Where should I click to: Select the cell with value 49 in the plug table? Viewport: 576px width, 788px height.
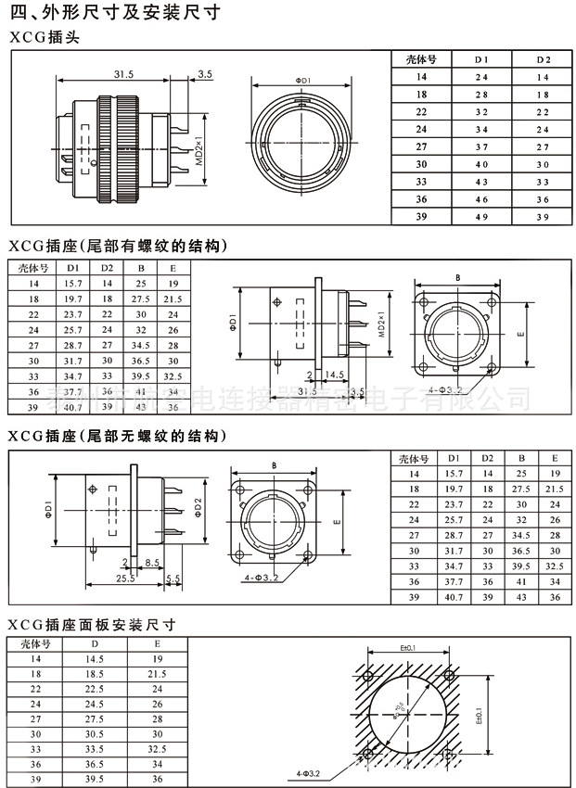[x=481, y=217]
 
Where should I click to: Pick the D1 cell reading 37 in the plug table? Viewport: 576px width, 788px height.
[x=481, y=146]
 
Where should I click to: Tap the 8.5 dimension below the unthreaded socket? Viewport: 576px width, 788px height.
[x=153, y=563]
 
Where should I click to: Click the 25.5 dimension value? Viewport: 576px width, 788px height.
[x=123, y=578]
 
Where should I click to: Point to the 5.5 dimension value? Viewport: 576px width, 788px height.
[x=173, y=578]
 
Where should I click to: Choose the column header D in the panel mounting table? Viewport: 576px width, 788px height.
[x=93, y=642]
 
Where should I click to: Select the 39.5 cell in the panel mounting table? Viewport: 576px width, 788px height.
[x=93, y=780]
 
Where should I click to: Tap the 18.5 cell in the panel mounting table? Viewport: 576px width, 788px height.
[x=93, y=673]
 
